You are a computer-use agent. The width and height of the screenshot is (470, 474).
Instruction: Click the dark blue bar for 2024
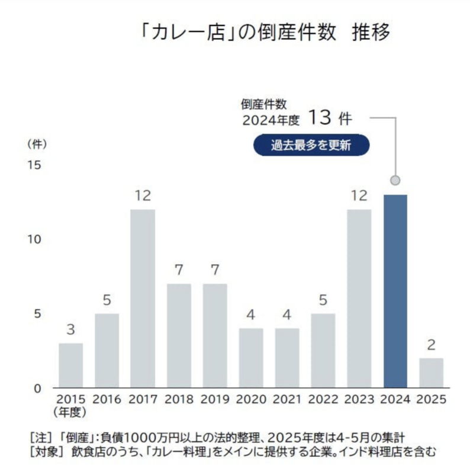coord(395,291)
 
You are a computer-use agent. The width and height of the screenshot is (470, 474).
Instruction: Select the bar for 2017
coord(143,299)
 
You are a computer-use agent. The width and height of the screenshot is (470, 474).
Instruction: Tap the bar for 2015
coord(70,366)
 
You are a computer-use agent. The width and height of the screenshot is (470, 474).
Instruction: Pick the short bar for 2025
coord(431,373)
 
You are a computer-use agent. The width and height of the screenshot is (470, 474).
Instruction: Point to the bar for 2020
coord(251,358)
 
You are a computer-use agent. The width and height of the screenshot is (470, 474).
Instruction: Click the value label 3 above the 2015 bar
coord(70,330)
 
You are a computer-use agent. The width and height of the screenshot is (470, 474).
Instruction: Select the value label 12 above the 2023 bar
coord(359,196)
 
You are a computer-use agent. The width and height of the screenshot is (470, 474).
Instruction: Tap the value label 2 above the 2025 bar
coord(431,345)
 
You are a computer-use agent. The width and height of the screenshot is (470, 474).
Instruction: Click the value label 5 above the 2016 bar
coord(107,300)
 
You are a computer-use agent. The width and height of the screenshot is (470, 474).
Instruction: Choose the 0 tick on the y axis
coord(37,388)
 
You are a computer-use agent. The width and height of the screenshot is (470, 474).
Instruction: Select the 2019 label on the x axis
coord(215,399)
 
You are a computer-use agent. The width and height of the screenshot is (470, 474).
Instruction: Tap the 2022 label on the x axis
coord(323,399)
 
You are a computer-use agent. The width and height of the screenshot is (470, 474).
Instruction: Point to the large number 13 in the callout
coord(318,117)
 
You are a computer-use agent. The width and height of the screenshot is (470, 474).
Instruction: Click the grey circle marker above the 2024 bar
coord(395,180)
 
